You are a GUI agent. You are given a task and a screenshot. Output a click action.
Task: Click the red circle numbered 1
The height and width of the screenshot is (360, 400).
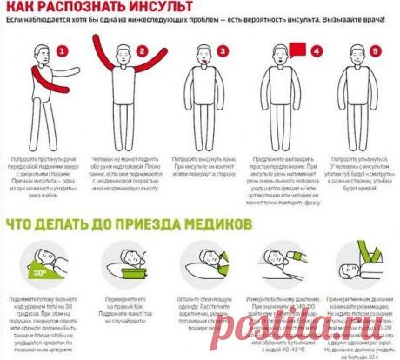pyautogui.click(x=61, y=51)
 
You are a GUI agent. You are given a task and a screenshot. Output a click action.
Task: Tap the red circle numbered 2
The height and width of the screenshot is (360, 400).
pyautogui.click(x=140, y=51)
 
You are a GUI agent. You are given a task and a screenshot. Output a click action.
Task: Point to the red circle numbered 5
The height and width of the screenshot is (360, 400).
pyautogui.click(x=375, y=51)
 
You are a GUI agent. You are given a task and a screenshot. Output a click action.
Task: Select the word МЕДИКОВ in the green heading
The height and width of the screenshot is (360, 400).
pyautogui.click(x=213, y=223)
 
